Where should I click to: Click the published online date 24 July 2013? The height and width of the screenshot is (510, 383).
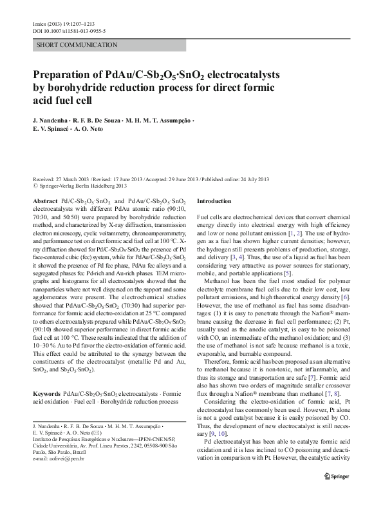[250, 179]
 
